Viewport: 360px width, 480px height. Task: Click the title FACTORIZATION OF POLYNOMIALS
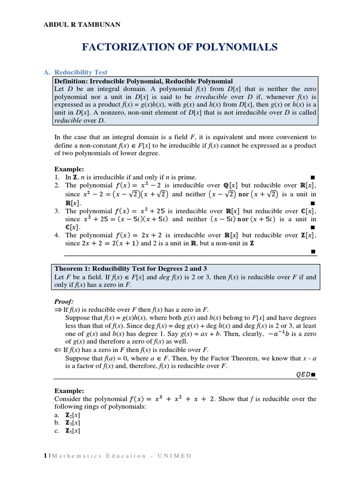click(180, 47)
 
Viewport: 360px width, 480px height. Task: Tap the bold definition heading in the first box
click(143, 81)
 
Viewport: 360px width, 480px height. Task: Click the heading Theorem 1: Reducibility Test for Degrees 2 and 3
click(131, 269)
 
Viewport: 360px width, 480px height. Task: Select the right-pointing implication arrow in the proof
click(58, 309)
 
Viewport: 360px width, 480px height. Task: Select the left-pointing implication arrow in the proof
click(58, 350)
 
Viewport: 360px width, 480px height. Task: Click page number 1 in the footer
click(45, 456)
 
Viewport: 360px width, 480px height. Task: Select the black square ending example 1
click(313, 177)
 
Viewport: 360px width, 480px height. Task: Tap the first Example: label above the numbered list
click(69, 169)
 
